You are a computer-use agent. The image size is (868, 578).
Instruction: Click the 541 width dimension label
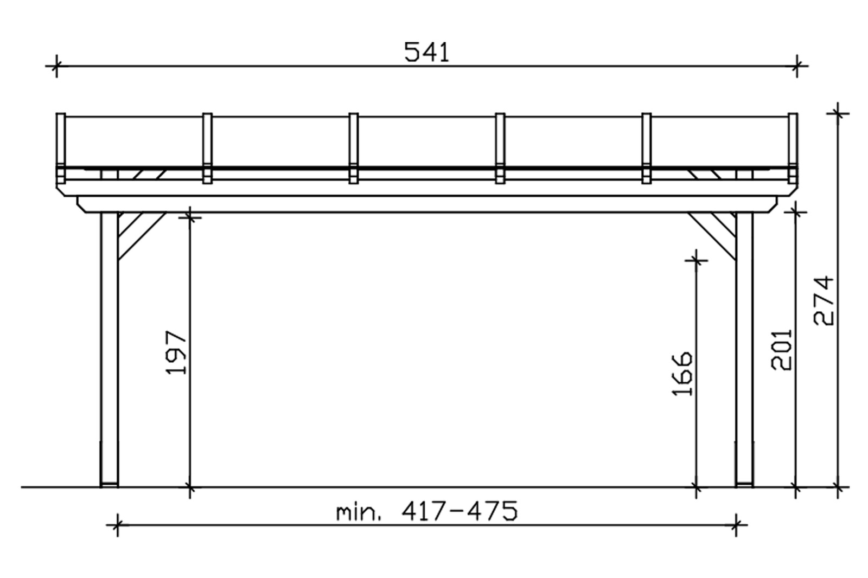click(426, 53)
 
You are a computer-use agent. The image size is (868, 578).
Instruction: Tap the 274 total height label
click(823, 300)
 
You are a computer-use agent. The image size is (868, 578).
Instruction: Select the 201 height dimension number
click(781, 350)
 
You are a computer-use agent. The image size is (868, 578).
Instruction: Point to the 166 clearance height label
click(682, 374)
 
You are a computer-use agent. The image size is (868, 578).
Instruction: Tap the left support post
click(109, 349)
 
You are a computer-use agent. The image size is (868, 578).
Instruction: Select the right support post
click(744, 349)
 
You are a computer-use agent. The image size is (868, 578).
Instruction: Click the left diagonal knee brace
click(142, 235)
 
